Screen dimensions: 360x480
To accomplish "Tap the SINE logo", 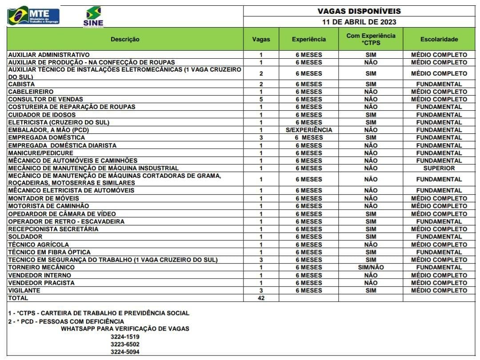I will point(93,17).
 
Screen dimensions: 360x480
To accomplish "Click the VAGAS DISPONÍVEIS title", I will point(359,11).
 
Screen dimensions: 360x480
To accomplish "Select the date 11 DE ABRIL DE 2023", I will point(359,22).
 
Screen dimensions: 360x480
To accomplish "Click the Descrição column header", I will point(125,39).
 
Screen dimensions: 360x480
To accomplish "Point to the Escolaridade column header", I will point(439,39).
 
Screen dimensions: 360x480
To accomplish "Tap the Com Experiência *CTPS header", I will point(371,39).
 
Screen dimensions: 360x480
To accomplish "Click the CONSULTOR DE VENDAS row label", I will point(46,99).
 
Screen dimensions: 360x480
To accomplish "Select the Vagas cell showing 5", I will point(261,99).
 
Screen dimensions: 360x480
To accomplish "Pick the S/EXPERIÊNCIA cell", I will point(308,130).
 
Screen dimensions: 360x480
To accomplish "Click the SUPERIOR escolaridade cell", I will point(439,168).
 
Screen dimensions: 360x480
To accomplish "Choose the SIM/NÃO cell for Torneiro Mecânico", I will point(371,268).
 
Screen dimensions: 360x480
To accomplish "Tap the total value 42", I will point(261,298).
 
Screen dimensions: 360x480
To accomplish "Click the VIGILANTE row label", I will point(24,291).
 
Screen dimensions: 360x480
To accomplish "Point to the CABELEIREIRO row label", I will point(31,92).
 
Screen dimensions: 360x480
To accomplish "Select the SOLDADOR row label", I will point(25,237).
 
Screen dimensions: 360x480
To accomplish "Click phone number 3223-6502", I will point(125,344).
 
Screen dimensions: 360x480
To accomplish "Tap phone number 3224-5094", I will point(125,352).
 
